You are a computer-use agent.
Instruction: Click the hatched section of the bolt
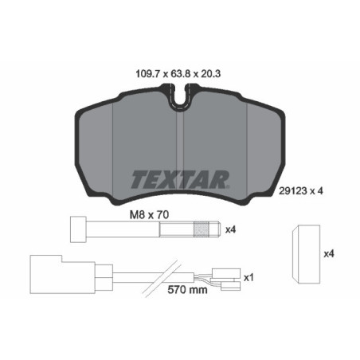point(202,230)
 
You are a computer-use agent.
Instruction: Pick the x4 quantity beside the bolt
point(232,230)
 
